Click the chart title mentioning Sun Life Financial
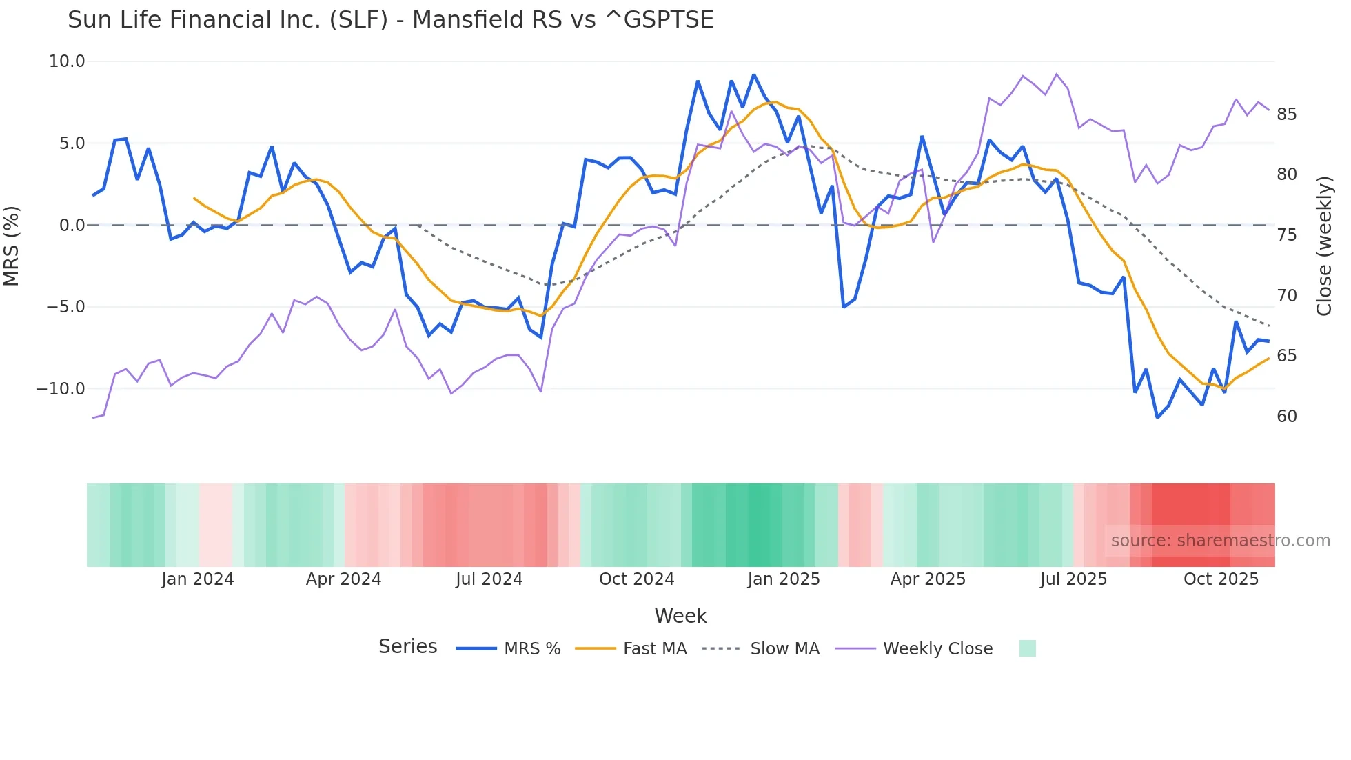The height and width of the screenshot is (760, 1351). click(390, 20)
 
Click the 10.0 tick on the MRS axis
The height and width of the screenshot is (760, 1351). click(67, 61)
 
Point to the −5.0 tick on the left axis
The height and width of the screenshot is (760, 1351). click(65, 306)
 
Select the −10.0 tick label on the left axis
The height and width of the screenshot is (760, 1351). click(61, 388)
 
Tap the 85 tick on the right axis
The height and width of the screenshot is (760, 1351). click(1286, 114)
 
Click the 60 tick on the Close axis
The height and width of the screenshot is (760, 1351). click(1286, 416)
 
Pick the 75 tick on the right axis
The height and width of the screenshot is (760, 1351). click(1286, 234)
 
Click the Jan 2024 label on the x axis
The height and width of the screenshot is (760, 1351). click(198, 579)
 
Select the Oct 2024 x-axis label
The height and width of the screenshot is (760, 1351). click(636, 579)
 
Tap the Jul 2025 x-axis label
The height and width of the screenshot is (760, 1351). click(1073, 579)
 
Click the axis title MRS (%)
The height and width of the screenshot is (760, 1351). click(11, 246)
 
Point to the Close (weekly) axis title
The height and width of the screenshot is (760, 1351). click(1323, 246)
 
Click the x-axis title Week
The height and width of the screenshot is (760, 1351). click(680, 615)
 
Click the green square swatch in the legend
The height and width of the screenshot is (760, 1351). click(1027, 648)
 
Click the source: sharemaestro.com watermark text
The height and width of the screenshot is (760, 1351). click(1220, 540)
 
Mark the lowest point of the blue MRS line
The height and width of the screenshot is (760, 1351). click(1157, 417)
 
